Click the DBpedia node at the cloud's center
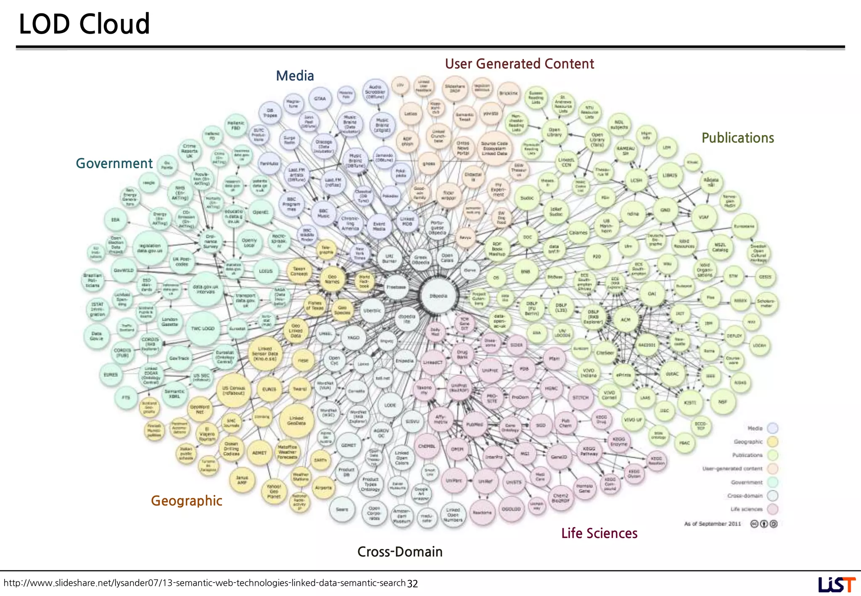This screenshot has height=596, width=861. click(x=438, y=296)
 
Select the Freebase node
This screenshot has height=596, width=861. click(x=396, y=287)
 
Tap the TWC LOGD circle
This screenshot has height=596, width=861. click(x=203, y=329)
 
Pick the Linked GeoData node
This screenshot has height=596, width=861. click(x=296, y=421)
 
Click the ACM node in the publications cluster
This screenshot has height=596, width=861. click(x=626, y=320)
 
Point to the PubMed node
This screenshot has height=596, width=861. click(x=475, y=425)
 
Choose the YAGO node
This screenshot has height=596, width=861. click(x=353, y=338)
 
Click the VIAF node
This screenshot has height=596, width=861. click(x=704, y=217)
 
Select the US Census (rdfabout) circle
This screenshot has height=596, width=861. click(x=233, y=390)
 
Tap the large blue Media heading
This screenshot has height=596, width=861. click(x=295, y=76)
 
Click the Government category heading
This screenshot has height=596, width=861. click(x=114, y=164)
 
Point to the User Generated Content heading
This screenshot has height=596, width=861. click(x=519, y=64)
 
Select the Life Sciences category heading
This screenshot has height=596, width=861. click(x=599, y=533)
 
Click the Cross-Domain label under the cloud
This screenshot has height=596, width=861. click(x=400, y=552)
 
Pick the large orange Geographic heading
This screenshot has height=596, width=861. click(x=186, y=501)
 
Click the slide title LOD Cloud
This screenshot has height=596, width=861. click(x=85, y=24)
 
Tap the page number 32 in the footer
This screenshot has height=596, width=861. click(x=412, y=584)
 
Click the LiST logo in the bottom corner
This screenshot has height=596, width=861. click(x=836, y=584)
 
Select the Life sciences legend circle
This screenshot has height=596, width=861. click(x=772, y=509)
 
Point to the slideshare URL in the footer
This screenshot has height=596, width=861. click(x=204, y=583)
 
